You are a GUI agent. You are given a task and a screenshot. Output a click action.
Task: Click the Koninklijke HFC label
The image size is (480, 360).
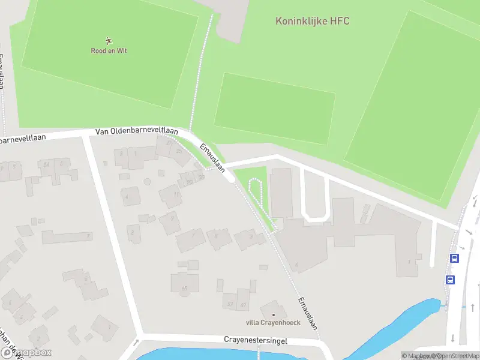[x=312, y=21]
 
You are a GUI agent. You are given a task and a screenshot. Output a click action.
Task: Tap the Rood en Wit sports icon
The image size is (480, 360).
[x=109, y=41]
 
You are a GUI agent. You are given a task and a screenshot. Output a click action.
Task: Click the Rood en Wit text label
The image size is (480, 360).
[x=109, y=51]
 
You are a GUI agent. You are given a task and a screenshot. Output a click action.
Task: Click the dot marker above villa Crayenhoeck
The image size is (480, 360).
[x=274, y=314]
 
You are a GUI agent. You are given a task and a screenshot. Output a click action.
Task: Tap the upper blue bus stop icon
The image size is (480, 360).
[x=454, y=259]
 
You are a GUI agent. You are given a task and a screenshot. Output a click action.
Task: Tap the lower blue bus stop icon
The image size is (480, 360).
[x=450, y=280]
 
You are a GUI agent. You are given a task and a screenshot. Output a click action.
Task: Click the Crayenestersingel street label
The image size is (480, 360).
[x=256, y=340]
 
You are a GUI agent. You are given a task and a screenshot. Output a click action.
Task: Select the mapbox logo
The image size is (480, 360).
[x=27, y=353]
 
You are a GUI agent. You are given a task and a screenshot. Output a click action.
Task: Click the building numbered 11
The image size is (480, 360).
[x=171, y=195]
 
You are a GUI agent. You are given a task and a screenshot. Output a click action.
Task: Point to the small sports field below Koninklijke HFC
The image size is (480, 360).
[x=274, y=108]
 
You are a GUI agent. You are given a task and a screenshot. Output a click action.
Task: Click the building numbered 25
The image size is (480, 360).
[x=178, y=150]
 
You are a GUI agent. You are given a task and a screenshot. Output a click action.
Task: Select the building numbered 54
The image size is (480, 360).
[x=46, y=164]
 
